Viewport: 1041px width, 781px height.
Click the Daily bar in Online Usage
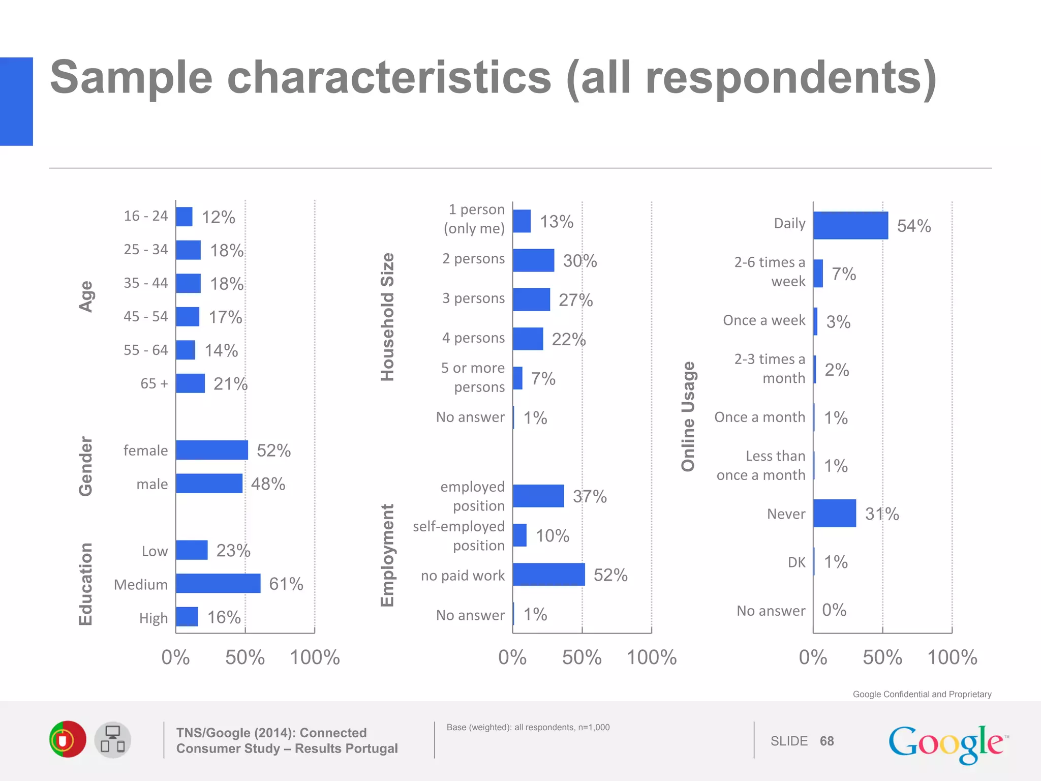point(850,225)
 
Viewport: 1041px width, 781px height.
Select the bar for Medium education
point(218,583)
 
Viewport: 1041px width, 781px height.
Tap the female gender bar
point(212,450)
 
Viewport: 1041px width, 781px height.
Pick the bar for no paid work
point(548,575)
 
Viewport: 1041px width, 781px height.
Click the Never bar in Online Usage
point(834,513)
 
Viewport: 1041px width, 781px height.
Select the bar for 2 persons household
point(533,260)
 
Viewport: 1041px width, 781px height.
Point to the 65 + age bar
point(190,383)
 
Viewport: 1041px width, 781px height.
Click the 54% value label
point(913,226)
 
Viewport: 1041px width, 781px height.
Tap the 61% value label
point(286,584)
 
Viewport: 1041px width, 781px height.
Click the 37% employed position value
point(590,496)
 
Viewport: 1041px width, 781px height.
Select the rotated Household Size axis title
point(388,317)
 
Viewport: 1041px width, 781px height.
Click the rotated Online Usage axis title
point(688,416)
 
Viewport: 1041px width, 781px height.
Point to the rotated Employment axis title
point(388,555)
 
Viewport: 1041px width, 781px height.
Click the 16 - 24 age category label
point(145,216)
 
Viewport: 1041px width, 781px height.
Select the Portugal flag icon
point(68,739)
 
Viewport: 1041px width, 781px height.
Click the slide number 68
point(826,741)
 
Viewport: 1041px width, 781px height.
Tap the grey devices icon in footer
point(112,740)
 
